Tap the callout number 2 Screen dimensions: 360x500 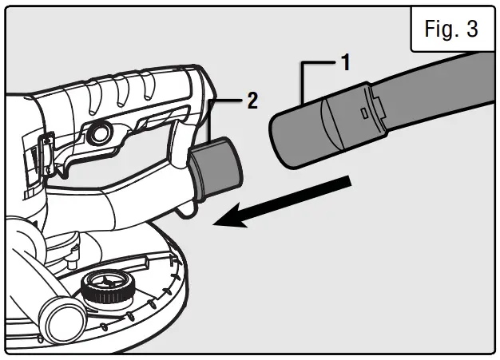pyautogui.click(x=252, y=101)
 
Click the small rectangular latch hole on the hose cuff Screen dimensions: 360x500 pyautogui.click(x=363, y=114)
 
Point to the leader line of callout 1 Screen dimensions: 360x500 pyautogui.click(x=304, y=80)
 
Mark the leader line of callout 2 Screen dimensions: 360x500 pyautogui.click(x=209, y=116)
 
